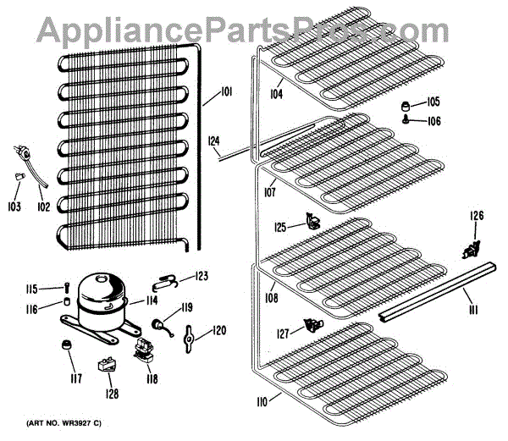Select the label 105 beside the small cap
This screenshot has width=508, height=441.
coord(433,102)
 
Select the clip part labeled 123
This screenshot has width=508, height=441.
coord(168,277)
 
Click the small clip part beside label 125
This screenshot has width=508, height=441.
coord(313,223)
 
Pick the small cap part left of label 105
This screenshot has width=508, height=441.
coord(407,106)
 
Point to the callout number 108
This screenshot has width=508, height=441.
coord(270,298)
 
